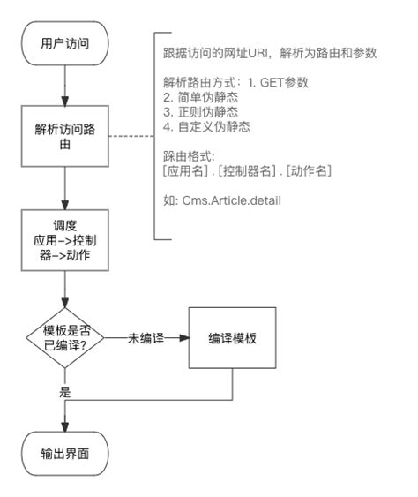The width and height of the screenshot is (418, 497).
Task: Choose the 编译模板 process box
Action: point(232,338)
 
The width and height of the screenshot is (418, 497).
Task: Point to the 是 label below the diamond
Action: point(64,389)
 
